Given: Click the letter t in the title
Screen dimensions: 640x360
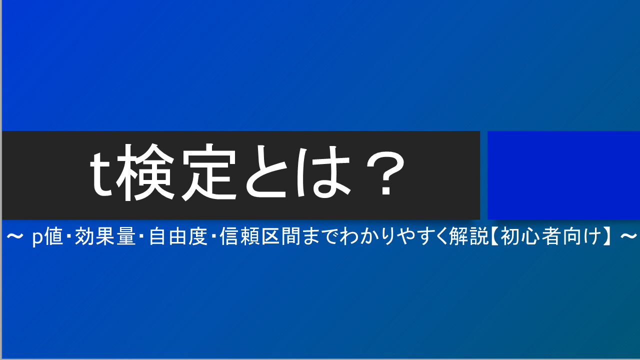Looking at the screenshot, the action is tap(100, 175).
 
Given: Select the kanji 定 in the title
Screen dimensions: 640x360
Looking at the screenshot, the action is tap(209, 172).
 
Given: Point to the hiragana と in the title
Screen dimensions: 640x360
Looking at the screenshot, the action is tap(266, 171).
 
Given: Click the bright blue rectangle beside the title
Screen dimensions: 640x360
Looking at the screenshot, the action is tap(563, 175).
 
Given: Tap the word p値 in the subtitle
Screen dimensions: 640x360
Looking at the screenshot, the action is tap(47, 236).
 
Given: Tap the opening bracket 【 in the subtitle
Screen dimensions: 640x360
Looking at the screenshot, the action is tap(494, 236).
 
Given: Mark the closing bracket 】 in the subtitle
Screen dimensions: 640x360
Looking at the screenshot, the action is tap(607, 236).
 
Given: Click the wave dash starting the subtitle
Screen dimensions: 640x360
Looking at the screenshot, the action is tap(14, 236).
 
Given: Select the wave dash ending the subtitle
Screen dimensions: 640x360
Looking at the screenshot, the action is tap(629, 236).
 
